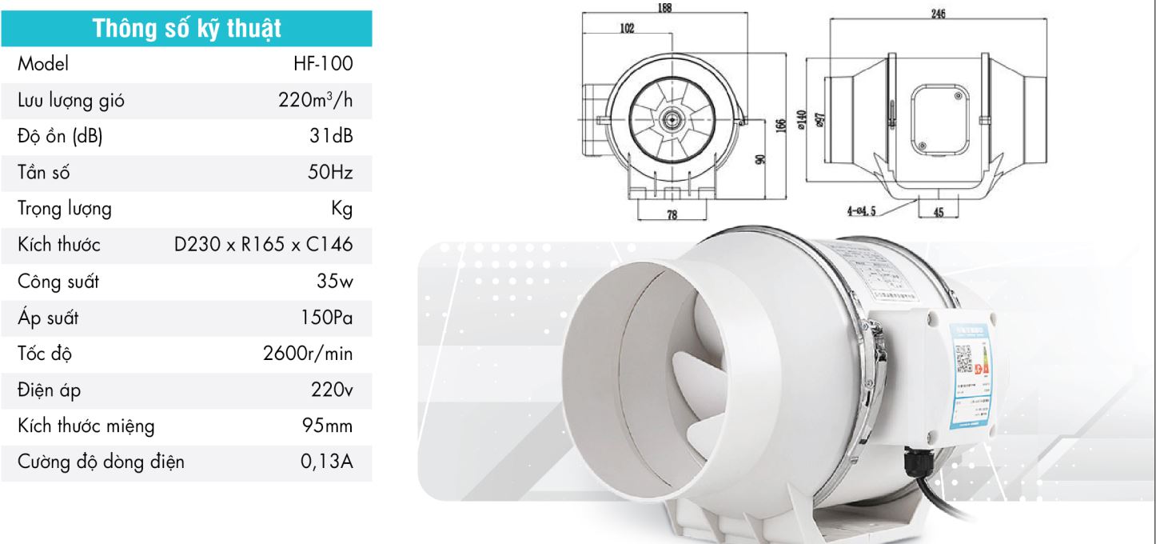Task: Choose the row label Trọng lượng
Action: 65,210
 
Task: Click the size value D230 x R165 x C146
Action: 263,246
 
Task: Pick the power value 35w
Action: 334,282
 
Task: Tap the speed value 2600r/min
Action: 308,355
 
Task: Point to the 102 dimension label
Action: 628,28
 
